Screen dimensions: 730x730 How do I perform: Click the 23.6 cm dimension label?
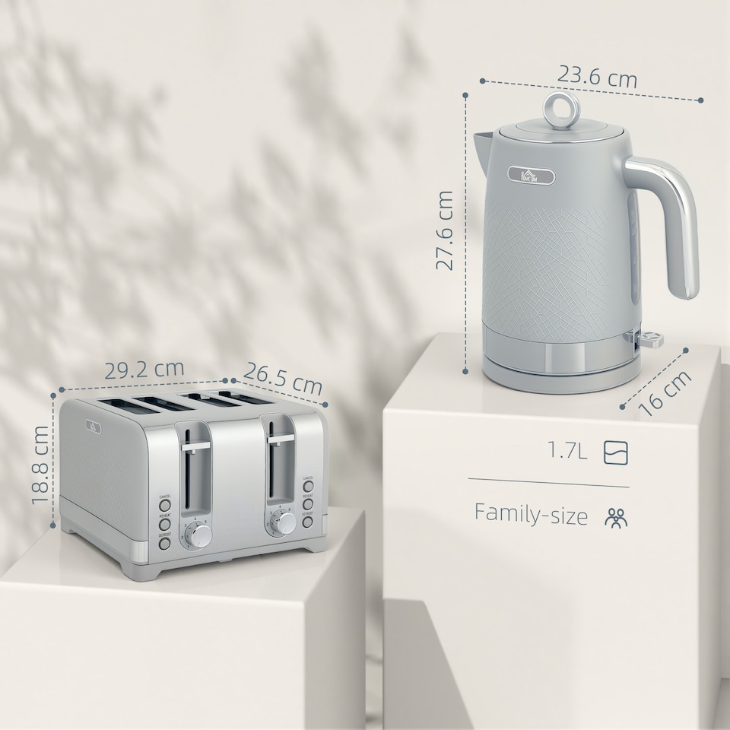(597, 76)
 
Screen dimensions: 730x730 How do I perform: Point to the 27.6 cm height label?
(445, 230)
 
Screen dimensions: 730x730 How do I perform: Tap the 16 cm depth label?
(665, 392)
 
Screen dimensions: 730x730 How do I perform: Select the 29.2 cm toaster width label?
(144, 370)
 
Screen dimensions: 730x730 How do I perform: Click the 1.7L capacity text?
(568, 452)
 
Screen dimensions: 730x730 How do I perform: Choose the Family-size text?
(531, 515)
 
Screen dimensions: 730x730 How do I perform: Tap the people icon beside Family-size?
(616, 518)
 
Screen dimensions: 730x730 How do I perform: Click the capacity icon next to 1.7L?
(616, 452)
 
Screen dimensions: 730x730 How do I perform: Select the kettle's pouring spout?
(482, 141)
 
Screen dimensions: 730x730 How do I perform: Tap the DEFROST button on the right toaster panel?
(307, 522)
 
